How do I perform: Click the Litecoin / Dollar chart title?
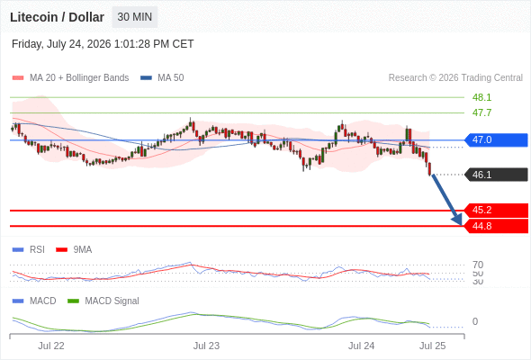[x=57, y=17]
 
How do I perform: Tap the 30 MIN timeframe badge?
[x=135, y=17]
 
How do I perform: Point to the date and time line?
[x=103, y=44]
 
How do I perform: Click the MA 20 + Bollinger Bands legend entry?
[x=70, y=78]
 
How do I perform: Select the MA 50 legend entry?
[x=162, y=78]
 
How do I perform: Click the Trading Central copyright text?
[x=455, y=78]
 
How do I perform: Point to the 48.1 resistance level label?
[x=481, y=97]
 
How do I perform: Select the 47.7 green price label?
[x=481, y=112]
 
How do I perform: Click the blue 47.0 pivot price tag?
[x=496, y=139]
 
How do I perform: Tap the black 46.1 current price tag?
[x=496, y=175]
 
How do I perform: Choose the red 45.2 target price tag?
[x=496, y=211]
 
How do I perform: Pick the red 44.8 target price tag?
[x=496, y=226]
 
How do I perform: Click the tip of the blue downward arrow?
[x=462, y=225]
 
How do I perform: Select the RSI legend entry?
[x=29, y=249]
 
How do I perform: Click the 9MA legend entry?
[x=74, y=249]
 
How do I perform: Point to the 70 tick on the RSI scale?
[x=478, y=265]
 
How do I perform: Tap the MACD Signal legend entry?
[x=103, y=301]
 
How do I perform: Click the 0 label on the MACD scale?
[x=475, y=321]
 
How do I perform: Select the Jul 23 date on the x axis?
[x=206, y=346]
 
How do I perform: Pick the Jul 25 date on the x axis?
[x=433, y=346]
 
